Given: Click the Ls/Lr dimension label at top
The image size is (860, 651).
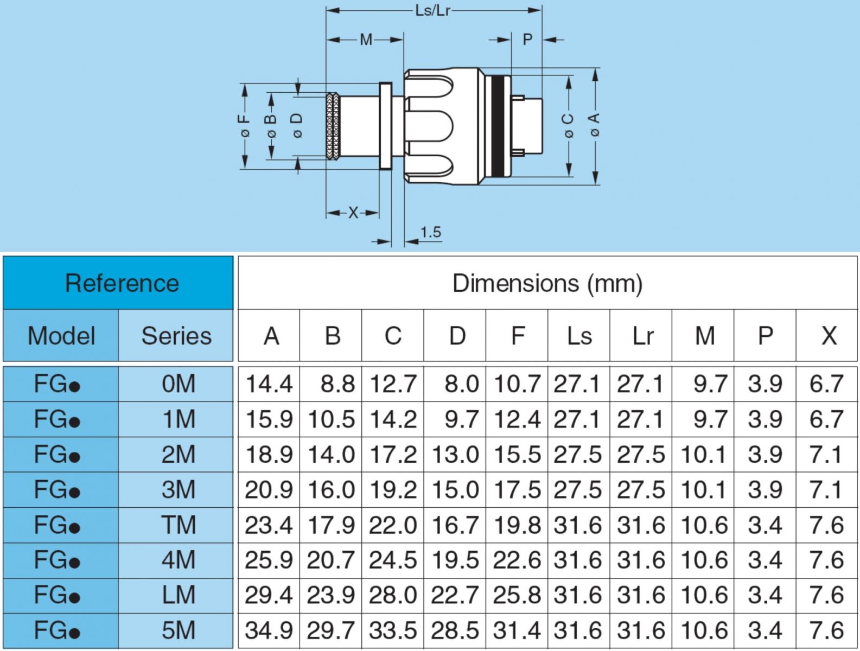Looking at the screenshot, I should (x=432, y=10).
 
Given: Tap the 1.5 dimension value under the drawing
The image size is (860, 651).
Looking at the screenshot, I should (x=430, y=232).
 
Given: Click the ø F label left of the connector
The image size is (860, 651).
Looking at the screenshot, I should (x=245, y=126).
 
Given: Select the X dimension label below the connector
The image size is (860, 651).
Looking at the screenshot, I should (x=353, y=213).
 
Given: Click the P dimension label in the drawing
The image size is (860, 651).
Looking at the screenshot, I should (x=527, y=40).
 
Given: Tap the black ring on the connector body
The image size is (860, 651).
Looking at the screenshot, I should (x=497, y=126).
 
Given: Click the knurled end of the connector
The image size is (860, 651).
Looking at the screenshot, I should (x=333, y=126).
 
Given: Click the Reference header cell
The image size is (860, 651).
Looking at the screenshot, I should (x=122, y=283).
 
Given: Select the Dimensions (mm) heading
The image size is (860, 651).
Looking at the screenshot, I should (x=547, y=283).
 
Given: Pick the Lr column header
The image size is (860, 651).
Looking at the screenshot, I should (x=642, y=336).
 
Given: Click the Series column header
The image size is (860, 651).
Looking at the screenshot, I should (x=176, y=336).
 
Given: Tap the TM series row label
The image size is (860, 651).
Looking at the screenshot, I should (x=178, y=525).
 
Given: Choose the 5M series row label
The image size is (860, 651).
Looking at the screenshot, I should (x=178, y=630).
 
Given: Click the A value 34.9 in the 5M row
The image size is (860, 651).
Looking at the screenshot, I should (x=269, y=630).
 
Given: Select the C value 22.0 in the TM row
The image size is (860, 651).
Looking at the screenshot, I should (x=393, y=525).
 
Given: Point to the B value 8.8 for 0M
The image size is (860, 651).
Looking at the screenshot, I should (x=337, y=384).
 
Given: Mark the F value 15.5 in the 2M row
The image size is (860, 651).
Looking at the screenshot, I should (x=517, y=455).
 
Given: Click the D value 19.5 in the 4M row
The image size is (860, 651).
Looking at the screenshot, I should (x=455, y=560).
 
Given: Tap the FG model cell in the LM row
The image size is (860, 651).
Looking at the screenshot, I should (x=57, y=595).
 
